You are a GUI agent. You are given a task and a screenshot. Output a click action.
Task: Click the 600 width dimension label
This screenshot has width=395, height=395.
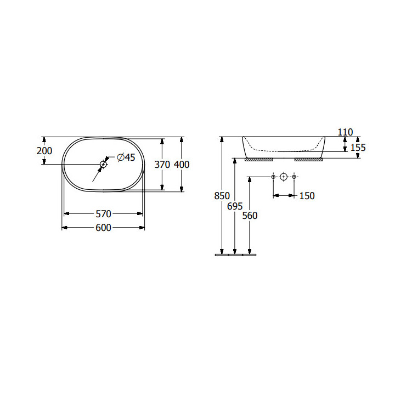103,228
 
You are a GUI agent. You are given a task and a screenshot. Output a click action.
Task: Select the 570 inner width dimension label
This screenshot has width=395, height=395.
103,214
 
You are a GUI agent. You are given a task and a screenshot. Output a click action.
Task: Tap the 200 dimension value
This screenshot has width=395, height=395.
44,151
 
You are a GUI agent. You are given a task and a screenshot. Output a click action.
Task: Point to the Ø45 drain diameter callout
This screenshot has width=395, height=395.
126,157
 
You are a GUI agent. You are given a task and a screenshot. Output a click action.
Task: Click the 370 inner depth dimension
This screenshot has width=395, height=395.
162,165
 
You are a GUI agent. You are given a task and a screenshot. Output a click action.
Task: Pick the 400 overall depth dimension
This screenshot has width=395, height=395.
182,165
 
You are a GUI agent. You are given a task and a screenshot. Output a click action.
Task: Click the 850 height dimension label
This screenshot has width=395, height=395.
222,196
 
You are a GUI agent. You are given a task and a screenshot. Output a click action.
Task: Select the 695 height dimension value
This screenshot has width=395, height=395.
235,206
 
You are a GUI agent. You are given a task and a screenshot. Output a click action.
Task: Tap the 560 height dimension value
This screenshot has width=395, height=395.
250,216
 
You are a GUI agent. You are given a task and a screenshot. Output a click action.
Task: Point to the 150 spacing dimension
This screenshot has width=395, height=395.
307,196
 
